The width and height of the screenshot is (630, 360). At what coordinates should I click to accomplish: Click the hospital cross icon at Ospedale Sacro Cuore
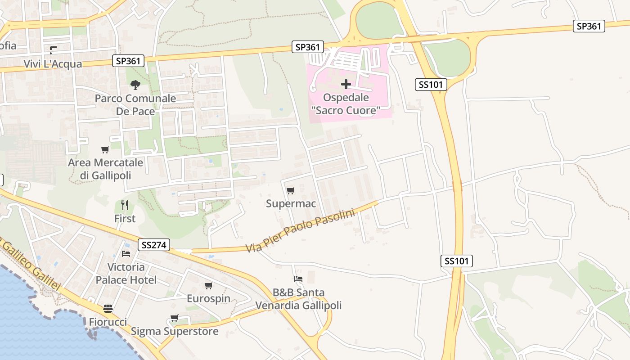click(x=346, y=84)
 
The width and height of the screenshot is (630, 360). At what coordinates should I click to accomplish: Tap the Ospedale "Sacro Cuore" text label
click(x=346, y=104)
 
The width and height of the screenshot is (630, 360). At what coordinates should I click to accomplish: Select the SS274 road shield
click(x=154, y=245)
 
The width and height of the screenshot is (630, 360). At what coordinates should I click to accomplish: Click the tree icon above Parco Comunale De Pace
click(x=135, y=85)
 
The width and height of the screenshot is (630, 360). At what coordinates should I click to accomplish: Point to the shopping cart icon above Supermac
click(x=290, y=191)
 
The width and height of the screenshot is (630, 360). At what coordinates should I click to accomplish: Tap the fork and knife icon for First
click(x=125, y=206)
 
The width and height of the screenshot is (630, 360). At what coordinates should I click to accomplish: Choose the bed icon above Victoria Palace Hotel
click(x=126, y=254)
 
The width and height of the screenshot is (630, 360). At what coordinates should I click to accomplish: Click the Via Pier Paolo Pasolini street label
click(x=300, y=230)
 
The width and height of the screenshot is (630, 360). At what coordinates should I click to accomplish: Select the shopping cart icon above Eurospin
click(x=208, y=286)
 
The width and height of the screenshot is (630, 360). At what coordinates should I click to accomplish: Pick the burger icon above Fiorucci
click(x=108, y=309)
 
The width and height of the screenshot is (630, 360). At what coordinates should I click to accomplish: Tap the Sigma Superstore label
click(x=175, y=332)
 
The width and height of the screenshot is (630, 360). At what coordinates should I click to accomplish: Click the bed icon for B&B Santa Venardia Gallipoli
click(x=298, y=279)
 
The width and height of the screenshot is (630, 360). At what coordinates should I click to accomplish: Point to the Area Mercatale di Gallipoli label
click(x=105, y=169)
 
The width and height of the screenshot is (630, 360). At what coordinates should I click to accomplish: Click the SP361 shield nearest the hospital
click(x=308, y=47)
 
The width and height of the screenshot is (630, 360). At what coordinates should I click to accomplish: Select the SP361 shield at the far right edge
click(x=589, y=26)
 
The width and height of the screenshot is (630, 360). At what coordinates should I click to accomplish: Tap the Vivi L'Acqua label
click(x=53, y=64)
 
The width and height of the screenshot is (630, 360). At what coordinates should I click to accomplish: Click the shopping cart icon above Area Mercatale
click(x=105, y=149)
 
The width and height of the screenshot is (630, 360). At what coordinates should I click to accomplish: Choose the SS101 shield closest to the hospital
click(x=431, y=84)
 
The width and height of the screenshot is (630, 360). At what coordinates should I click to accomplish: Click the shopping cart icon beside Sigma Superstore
click(x=175, y=318)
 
